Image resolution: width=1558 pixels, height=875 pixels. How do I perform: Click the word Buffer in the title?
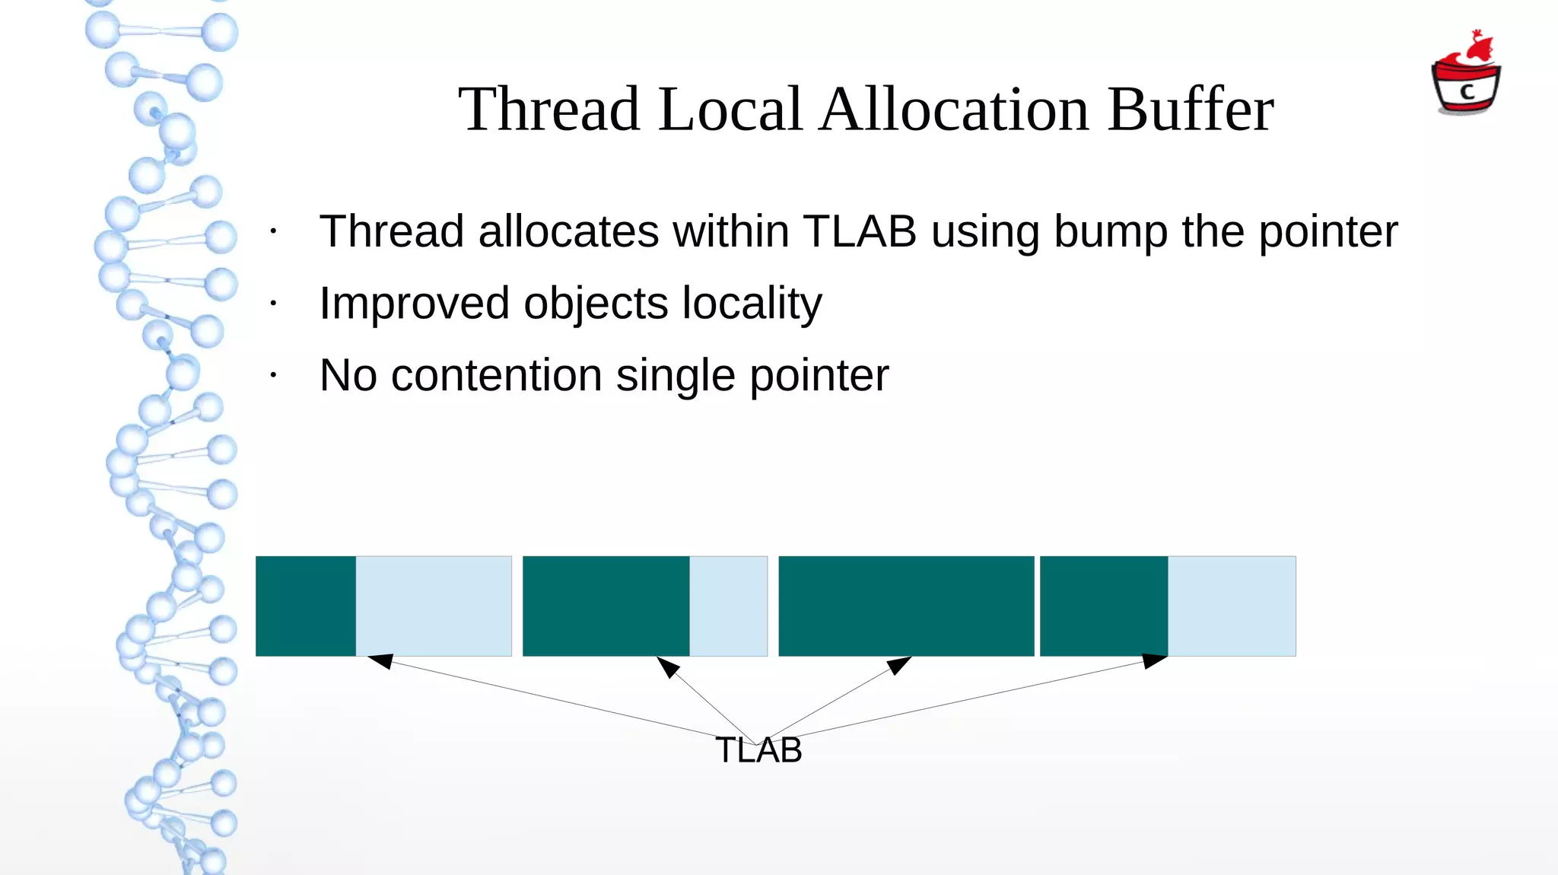pos(1190,110)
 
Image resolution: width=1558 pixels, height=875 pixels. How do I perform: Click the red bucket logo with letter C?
pos(1466,76)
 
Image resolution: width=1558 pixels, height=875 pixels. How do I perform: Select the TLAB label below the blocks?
pos(758,750)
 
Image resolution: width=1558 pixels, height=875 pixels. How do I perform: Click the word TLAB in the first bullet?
pos(860,231)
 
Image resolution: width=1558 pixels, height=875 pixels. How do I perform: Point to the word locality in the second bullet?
pos(752,304)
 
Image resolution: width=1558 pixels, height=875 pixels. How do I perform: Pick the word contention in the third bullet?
pos(496,375)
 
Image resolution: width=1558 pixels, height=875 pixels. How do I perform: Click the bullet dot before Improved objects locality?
pos(273,304)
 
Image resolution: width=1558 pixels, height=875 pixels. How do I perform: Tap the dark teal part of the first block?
pos(306,606)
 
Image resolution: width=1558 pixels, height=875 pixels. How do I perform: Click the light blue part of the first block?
pos(434,606)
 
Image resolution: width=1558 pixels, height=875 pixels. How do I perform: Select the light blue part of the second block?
pos(728,606)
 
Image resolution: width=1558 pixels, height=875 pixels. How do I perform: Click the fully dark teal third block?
pos(906,606)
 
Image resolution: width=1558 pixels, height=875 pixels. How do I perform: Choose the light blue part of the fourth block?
pos(1232,606)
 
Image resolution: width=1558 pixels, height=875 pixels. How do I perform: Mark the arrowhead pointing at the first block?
pos(380,660)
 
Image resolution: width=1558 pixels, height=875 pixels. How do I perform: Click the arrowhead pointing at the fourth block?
pos(1153,660)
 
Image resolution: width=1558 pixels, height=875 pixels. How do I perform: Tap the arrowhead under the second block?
pos(667,667)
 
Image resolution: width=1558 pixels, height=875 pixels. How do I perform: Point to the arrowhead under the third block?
pos(899,665)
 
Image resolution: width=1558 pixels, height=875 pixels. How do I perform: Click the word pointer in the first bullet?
pos(1327,231)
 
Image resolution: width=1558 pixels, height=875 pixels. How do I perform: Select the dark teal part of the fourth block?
pos(1104,606)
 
